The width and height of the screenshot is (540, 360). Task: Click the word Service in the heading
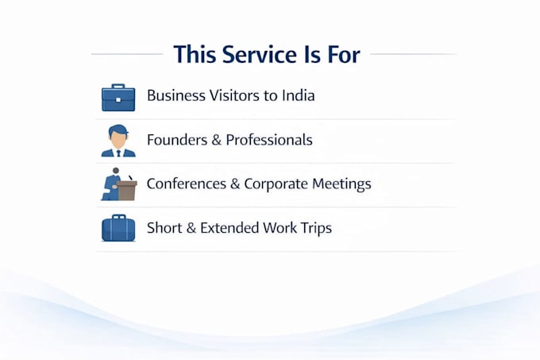click(260, 54)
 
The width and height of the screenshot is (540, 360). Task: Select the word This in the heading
click(195, 54)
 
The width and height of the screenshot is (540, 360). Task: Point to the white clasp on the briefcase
click(118, 100)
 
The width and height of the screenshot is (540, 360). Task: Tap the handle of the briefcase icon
click(118, 86)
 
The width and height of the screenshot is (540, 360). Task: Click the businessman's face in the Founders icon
click(118, 138)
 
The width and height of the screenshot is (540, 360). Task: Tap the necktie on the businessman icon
click(118, 153)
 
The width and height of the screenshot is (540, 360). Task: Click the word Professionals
click(269, 140)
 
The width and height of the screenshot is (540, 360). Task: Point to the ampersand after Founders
click(216, 140)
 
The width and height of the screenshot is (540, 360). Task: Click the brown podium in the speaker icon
click(127, 190)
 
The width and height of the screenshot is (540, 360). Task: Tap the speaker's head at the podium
click(116, 171)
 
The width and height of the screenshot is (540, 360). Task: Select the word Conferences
click(187, 184)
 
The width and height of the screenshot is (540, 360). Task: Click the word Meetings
click(341, 184)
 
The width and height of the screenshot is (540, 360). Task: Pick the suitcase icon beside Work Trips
click(118, 228)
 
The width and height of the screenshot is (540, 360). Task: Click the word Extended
click(229, 228)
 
